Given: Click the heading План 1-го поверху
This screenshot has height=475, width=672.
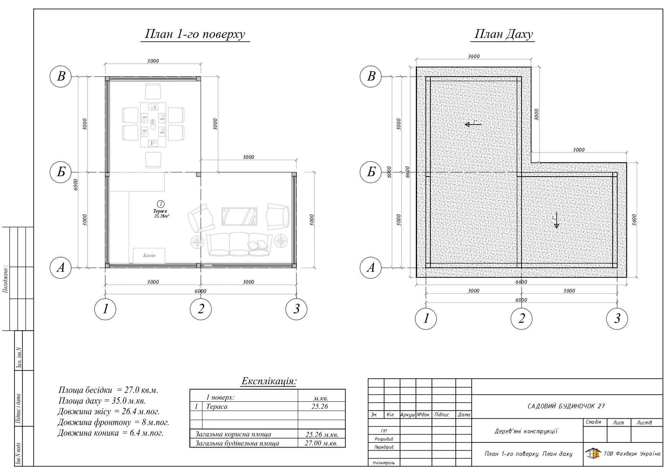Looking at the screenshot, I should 195,34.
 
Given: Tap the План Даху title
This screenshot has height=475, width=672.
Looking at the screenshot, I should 504,34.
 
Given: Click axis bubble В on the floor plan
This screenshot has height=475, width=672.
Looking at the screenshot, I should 61,77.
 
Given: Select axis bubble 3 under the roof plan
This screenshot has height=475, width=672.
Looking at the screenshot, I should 617,318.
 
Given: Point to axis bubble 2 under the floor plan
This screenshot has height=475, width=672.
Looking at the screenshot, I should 201,309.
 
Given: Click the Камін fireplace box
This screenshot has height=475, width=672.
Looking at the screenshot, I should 149,256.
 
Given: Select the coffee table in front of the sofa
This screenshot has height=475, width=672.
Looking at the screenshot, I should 239,216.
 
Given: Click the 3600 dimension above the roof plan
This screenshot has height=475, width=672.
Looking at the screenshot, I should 474,57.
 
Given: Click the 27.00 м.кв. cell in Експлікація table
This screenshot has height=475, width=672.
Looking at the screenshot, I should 321,443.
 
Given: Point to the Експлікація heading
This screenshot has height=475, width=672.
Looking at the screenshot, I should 269,382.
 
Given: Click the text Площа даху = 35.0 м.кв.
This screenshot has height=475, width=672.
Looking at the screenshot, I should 102,401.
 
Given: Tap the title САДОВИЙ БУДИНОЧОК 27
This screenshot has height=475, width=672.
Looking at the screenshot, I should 566,406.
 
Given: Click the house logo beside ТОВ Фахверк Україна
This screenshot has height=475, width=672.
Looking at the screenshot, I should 593,454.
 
